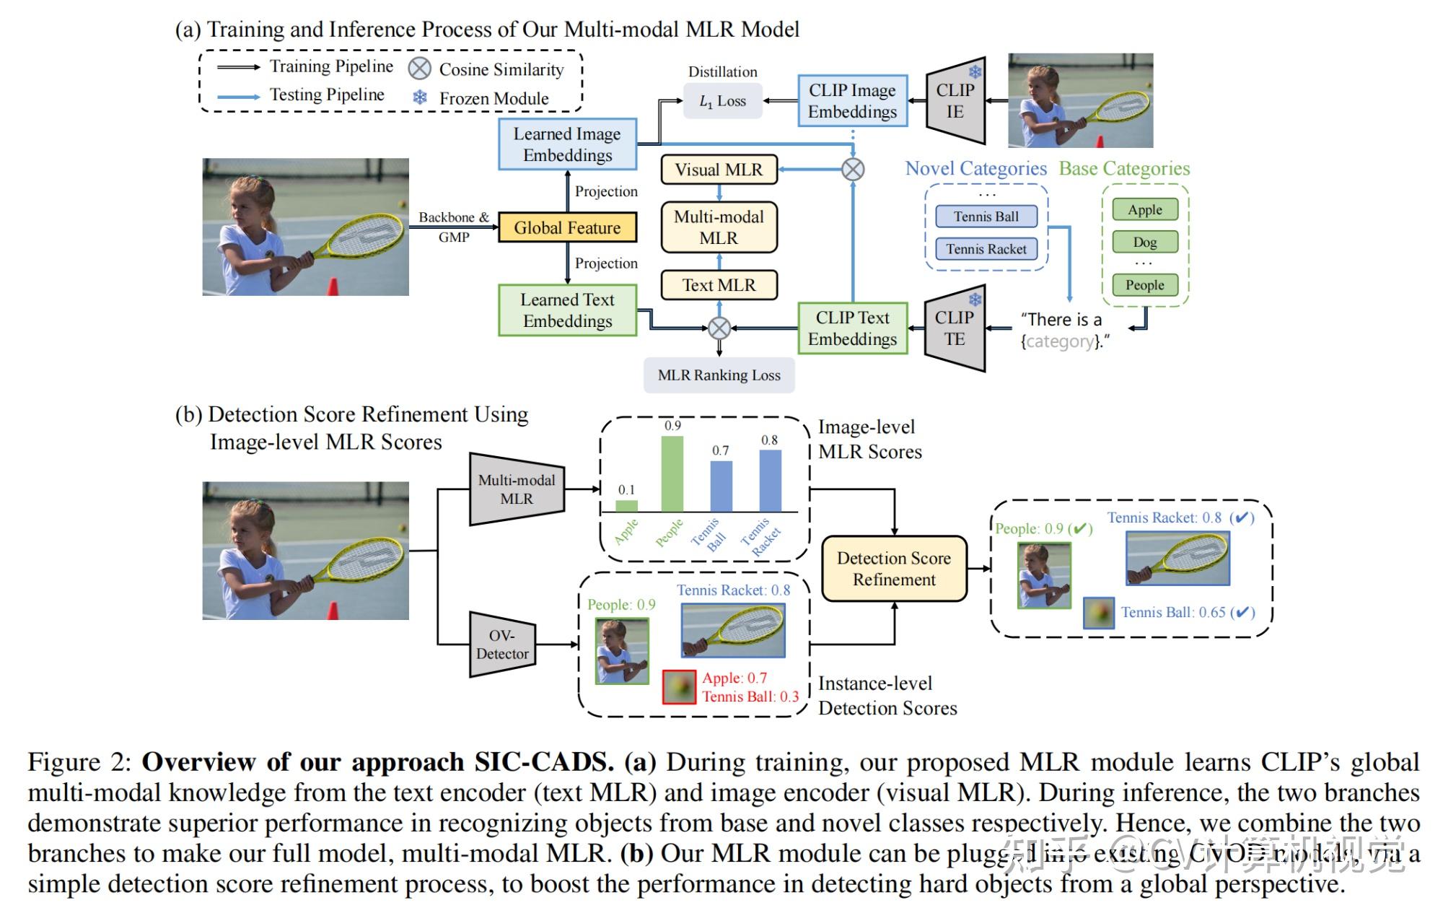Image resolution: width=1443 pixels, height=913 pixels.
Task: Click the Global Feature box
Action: [x=567, y=227]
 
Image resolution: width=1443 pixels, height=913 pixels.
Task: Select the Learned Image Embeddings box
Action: [x=567, y=144]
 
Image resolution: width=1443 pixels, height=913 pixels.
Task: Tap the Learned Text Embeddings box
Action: [x=567, y=310]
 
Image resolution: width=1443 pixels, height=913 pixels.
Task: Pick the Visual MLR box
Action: [x=719, y=170]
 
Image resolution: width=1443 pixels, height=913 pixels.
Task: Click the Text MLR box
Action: [x=719, y=285]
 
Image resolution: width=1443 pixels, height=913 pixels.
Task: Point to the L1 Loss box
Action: [x=722, y=101]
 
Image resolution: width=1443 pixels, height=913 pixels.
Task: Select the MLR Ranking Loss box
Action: [x=719, y=375]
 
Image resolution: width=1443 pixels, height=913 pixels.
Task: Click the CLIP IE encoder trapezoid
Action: [x=955, y=101]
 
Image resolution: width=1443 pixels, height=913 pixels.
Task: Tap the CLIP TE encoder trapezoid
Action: [x=955, y=328]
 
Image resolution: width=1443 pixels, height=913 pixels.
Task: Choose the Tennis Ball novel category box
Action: [x=986, y=217]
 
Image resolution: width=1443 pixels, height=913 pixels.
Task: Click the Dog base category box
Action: [x=1144, y=243]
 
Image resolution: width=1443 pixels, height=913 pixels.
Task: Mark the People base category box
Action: [x=1144, y=285]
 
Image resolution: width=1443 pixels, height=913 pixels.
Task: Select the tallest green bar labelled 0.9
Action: [x=672, y=474]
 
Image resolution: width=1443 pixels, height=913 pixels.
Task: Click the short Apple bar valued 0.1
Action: [x=626, y=506]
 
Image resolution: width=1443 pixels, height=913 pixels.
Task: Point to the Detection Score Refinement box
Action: [x=894, y=569]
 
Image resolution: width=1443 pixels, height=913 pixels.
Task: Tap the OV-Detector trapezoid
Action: [x=502, y=645]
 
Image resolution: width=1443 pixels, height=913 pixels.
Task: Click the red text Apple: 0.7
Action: [x=734, y=678]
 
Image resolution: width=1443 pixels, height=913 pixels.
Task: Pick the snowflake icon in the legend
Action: [x=420, y=97]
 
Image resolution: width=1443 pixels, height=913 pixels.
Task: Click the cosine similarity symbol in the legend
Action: [x=420, y=69]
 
